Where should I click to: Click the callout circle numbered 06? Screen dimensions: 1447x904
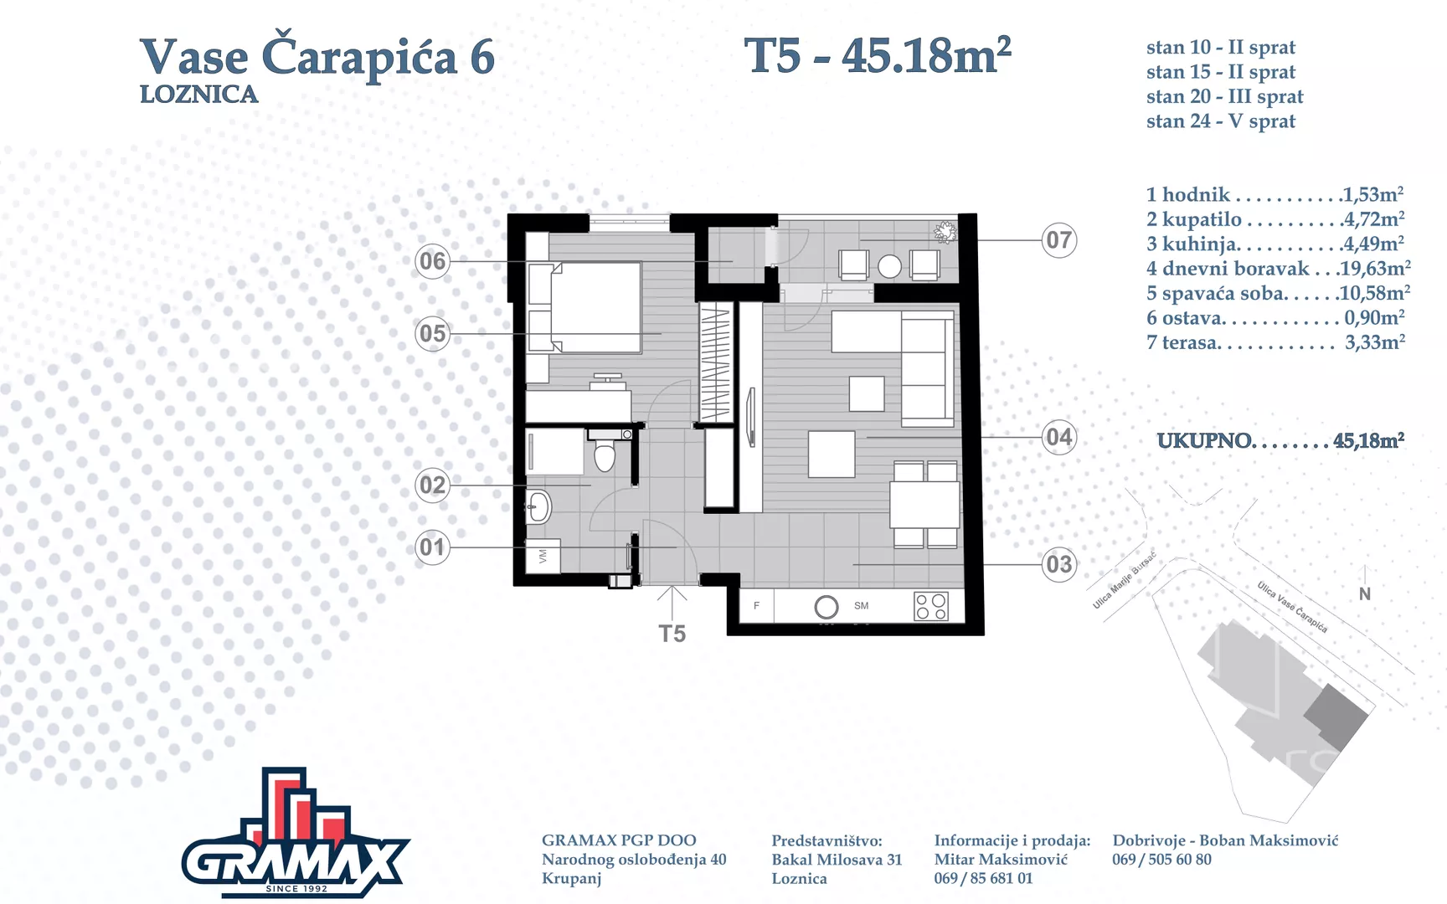432,261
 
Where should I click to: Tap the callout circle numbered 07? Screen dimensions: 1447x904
1058,240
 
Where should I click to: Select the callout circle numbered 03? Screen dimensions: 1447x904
1058,564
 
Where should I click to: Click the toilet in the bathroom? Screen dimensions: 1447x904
605,452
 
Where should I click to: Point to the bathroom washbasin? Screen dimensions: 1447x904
538,506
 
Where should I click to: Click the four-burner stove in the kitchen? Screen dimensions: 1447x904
931,606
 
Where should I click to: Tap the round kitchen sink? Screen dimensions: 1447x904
826,607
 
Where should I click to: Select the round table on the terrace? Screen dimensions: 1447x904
889,267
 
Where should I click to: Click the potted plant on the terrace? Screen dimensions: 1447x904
945,232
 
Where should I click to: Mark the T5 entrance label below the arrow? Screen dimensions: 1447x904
672,634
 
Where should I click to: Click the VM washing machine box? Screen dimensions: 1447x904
543,556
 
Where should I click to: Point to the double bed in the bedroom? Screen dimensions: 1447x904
585,307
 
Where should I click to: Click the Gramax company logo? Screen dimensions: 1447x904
296,833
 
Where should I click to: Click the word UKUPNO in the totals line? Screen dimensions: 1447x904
1204,441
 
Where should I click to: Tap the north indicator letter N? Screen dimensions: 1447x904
1365,594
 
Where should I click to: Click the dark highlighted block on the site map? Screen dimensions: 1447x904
1336,717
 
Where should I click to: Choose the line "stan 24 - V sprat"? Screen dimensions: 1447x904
1221,121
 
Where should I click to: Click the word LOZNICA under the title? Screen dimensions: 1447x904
198,95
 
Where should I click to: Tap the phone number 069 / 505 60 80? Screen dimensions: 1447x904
1161,860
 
